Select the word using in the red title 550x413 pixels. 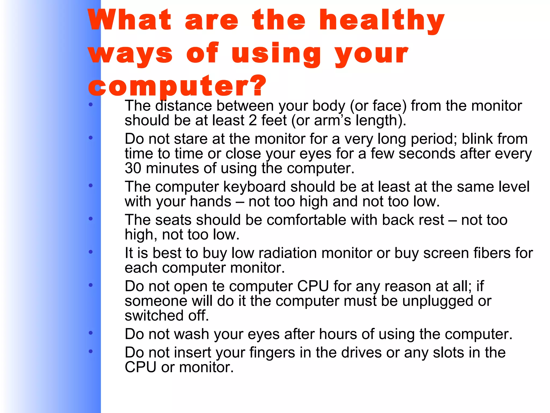pyautogui.click(x=276, y=54)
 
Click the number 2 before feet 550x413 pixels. pyautogui.click(x=252, y=120)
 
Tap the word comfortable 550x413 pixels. pyautogui.click(x=306, y=220)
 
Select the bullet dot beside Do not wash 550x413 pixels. pyautogui.click(x=91, y=333)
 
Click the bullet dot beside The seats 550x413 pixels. pyautogui.click(x=91, y=219)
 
